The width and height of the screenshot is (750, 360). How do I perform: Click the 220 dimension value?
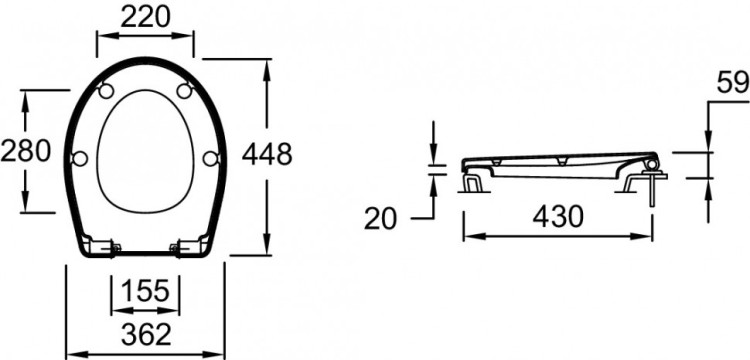pyautogui.click(x=145, y=17)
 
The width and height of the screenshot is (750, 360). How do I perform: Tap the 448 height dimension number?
pyautogui.click(x=267, y=154)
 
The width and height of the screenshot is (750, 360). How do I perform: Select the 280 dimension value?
pyautogui.click(x=25, y=151)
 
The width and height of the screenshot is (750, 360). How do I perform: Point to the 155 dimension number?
pyautogui.click(x=145, y=291)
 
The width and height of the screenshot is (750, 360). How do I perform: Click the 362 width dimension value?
pyautogui.click(x=146, y=334)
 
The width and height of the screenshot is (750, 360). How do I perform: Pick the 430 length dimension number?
pyautogui.click(x=558, y=217)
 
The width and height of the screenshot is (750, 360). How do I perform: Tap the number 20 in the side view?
pyautogui.click(x=380, y=219)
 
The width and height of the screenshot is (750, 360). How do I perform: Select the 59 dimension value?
pyautogui.click(x=733, y=84)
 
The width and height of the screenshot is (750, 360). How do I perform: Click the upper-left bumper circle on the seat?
pyautogui.click(x=106, y=91)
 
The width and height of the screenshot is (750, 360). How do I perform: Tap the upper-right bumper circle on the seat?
pyautogui.click(x=185, y=91)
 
